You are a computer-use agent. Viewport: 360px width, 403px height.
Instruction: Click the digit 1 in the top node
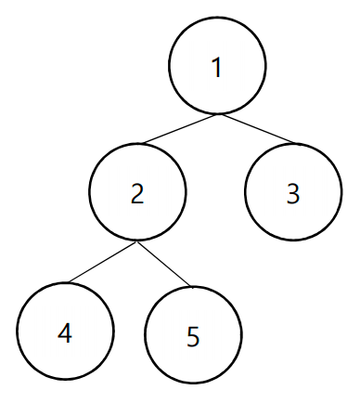[x=217, y=68]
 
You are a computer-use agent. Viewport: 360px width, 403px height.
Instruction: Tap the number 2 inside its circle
[x=137, y=194]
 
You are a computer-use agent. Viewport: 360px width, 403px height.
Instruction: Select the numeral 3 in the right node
[x=293, y=194]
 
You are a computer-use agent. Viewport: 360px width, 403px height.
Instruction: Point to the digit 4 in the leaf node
[x=65, y=333]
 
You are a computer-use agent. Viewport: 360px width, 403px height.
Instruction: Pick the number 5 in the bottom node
[x=193, y=337]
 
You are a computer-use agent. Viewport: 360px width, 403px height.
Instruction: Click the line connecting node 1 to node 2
[x=180, y=129]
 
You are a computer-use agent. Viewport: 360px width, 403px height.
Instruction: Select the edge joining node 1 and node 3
[x=257, y=129]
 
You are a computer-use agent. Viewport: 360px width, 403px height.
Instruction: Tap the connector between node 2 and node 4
[x=102, y=262]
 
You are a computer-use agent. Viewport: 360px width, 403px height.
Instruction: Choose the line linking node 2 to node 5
[x=164, y=264]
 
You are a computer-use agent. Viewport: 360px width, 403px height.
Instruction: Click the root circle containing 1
[x=217, y=18]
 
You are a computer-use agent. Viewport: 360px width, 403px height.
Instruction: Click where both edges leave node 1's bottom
[x=218, y=114]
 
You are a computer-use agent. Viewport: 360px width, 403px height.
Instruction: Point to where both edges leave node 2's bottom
[x=136, y=241]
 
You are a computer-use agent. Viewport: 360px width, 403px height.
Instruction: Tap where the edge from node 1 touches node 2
[x=142, y=144]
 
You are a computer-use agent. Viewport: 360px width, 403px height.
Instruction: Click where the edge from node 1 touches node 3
[x=296, y=144]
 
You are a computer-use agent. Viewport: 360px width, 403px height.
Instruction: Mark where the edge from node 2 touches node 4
[x=69, y=282]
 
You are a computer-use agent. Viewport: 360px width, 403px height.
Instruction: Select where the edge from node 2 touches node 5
[x=192, y=286]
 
